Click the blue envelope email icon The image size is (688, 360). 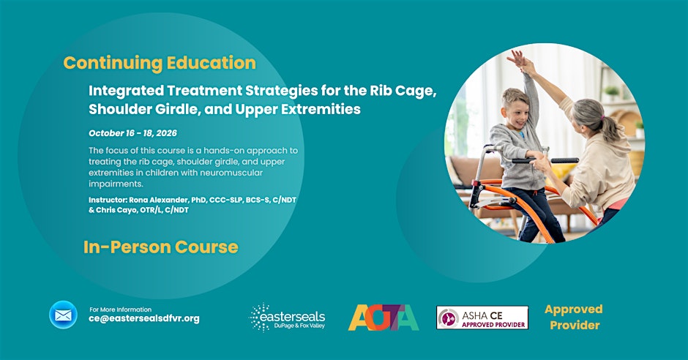[x=63, y=315]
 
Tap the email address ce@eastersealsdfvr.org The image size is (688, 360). [x=144, y=319]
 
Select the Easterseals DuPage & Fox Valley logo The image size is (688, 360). [x=288, y=317]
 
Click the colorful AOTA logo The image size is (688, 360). [x=384, y=318]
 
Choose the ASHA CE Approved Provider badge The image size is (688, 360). [x=482, y=318]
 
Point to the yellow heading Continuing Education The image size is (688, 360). [x=160, y=63]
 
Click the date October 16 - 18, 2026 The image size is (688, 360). [x=133, y=133]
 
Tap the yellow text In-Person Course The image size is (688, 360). [x=160, y=247]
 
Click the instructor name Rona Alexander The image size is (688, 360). [x=158, y=200]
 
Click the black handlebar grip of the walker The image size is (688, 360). [x=565, y=160]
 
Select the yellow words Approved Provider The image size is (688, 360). [x=574, y=317]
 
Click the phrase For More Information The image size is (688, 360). [x=120, y=309]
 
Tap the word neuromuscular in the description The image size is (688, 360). [x=231, y=173]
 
